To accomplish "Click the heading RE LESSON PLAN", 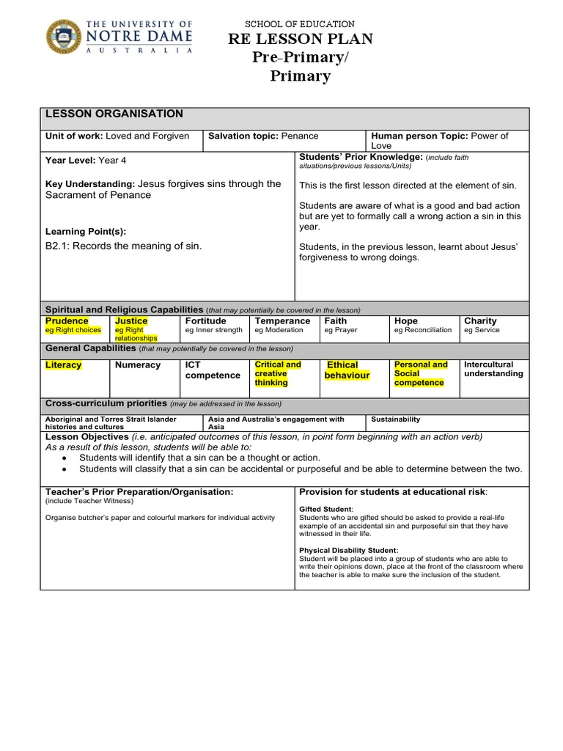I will pos(300,40).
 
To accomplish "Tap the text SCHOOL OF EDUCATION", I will pos(300,24).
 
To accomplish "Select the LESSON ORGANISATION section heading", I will pos(114,114).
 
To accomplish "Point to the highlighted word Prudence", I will pos(67,320).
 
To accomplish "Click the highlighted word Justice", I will pos(131,320).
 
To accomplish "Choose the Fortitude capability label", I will pos(205,320).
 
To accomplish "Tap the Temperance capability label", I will pos(282,320).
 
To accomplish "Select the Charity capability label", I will pos(480,320).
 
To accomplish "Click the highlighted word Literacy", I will pos(64,364).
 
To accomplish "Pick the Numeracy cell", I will pos(138,364).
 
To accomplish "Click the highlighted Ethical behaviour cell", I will pos(347,370).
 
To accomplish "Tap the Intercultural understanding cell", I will pos(493,369).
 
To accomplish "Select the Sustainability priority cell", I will pos(396,420).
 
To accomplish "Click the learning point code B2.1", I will pos(59,246).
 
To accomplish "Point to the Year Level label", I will pos(70,160).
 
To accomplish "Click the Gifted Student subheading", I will pos(326,509).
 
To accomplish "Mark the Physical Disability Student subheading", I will pos(349,550).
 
